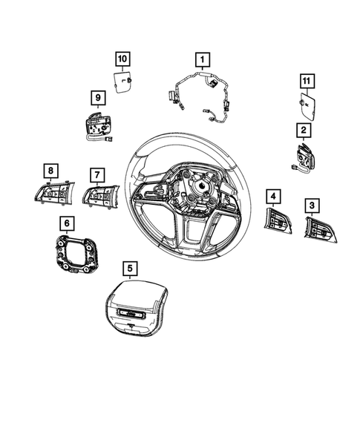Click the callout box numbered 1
(202, 60)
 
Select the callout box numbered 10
(122, 59)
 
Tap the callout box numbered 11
(307, 81)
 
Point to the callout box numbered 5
(130, 269)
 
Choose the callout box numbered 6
(67, 223)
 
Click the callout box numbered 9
(98, 98)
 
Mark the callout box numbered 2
(304, 130)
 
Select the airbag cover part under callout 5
(137, 308)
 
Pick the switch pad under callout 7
(101, 197)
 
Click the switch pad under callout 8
(54, 193)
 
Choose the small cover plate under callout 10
(122, 82)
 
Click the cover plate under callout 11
(307, 106)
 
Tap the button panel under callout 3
(320, 229)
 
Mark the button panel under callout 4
(278, 221)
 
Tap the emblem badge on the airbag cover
(131, 313)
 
